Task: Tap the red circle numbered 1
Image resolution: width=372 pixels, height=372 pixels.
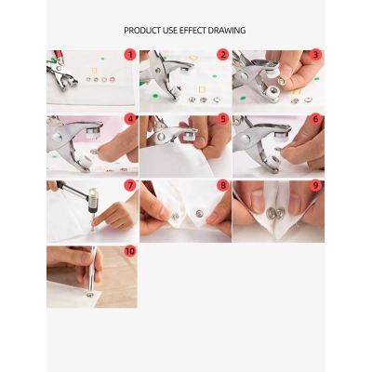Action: pos(130,55)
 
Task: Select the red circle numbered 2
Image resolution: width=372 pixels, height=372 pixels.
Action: pos(223,55)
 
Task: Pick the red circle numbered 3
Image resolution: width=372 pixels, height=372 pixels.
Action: pos(315,55)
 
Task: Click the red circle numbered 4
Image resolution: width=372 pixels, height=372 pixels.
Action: pos(130,119)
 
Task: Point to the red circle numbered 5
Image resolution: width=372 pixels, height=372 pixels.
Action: pos(223,119)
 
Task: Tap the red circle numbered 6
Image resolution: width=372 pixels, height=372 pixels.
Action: pos(315,119)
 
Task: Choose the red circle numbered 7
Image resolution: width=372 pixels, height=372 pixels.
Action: pos(130,185)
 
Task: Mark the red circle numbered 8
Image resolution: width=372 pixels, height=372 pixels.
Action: pos(223,185)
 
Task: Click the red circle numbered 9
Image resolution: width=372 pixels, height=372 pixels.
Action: pos(315,185)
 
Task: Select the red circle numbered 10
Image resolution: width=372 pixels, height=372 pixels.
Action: pos(130,250)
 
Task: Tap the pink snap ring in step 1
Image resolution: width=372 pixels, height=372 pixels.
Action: pos(112,79)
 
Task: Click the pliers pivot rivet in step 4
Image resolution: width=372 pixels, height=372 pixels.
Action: pos(57,138)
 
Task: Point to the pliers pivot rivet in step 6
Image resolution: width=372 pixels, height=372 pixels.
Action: pos(246,139)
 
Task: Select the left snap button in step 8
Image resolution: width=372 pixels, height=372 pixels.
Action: pos(175,216)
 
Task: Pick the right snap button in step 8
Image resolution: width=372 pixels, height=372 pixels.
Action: pos(199,213)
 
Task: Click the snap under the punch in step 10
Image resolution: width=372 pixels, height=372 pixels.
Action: pos(90,295)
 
